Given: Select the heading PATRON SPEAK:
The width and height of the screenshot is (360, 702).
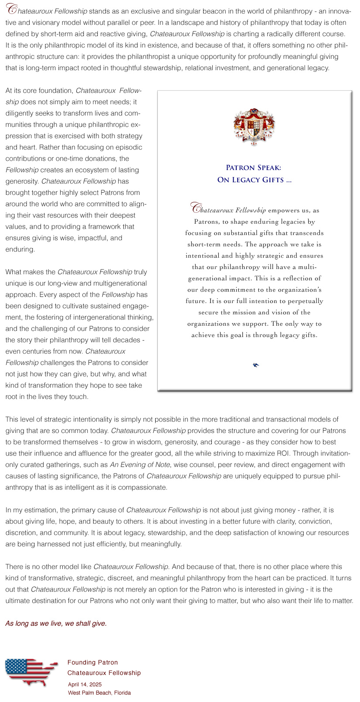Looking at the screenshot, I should [x=254, y=168].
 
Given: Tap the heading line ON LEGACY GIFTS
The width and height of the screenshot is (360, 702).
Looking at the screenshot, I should [x=254, y=180].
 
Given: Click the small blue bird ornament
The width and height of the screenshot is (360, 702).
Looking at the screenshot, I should [x=256, y=365].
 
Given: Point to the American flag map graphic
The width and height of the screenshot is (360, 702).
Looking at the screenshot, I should [x=31, y=672].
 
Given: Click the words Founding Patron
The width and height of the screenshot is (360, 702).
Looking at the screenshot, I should [x=92, y=662].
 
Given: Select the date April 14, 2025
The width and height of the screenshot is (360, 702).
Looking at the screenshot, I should [x=85, y=685].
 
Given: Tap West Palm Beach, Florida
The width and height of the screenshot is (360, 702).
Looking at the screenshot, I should [x=99, y=692].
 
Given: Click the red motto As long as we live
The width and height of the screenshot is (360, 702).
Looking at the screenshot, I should [x=56, y=624].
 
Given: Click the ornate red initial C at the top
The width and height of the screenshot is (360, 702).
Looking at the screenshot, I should [x=12, y=10].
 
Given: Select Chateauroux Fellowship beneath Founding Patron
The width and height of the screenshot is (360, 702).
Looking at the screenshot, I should [x=104, y=673].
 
